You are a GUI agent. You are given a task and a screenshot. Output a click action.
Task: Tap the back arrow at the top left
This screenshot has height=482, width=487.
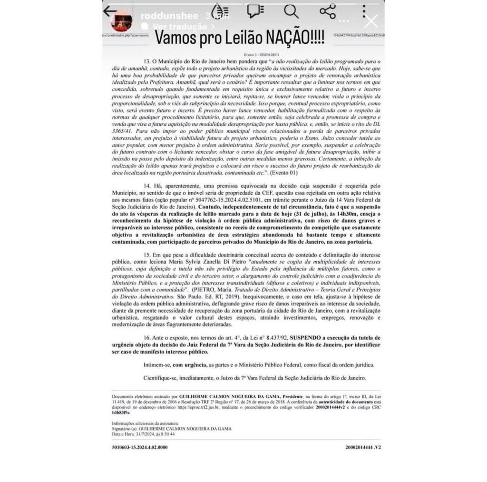(x=110, y=11)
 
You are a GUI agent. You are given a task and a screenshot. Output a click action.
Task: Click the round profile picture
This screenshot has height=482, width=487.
(x=121, y=21)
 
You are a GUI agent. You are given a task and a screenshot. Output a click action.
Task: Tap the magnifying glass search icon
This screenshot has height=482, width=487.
(x=291, y=11)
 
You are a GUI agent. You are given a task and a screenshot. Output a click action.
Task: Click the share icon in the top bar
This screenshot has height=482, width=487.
(x=328, y=11)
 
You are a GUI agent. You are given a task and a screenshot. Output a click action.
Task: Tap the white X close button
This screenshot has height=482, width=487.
(x=370, y=21)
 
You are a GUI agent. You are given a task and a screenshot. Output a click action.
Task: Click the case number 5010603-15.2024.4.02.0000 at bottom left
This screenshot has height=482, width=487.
(x=140, y=447)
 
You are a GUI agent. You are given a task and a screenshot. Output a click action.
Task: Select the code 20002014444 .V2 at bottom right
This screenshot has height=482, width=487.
(x=363, y=447)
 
